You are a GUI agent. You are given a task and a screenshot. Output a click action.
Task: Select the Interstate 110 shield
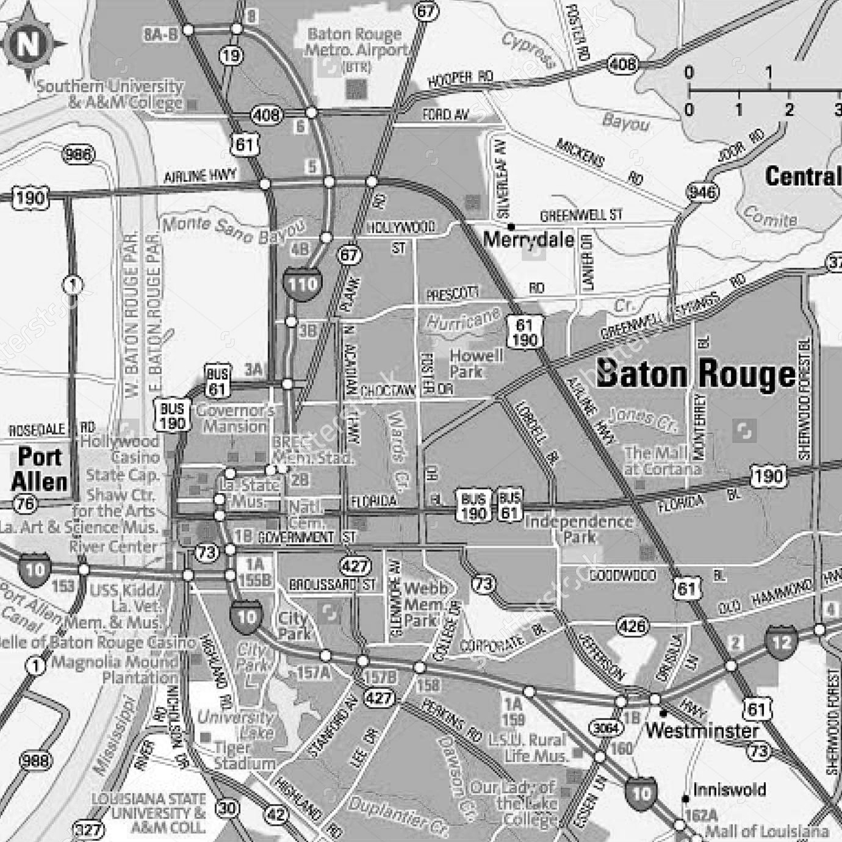click(302, 284)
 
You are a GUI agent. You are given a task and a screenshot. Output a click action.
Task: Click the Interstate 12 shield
click(781, 643)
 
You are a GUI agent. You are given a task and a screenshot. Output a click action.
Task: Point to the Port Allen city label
click(40, 469)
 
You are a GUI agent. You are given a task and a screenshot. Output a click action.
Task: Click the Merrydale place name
click(528, 239)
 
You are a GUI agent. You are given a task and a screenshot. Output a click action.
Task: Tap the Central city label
click(803, 176)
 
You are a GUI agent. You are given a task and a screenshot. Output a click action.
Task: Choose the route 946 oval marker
click(702, 193)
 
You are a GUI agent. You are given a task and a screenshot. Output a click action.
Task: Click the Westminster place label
click(702, 730)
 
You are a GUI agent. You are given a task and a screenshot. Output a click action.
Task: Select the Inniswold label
click(729, 790)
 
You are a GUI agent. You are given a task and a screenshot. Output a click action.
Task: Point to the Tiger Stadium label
click(245, 755)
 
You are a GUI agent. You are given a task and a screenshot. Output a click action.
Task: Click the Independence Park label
click(579, 529)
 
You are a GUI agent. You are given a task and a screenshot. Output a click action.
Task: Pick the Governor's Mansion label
click(235, 418)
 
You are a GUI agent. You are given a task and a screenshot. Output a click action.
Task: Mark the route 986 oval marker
click(79, 154)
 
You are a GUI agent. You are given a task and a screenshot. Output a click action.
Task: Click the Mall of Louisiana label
click(767, 831)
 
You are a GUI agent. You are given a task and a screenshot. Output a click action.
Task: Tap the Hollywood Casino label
click(120, 448)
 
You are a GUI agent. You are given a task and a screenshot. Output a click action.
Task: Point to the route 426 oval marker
click(631, 626)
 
